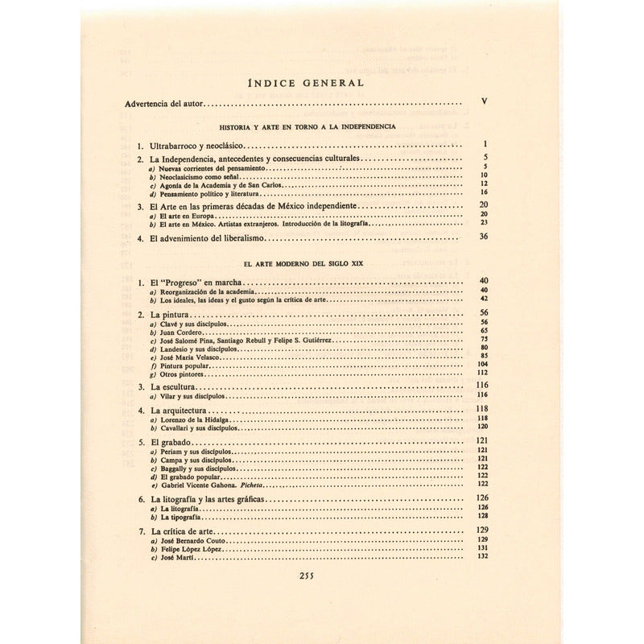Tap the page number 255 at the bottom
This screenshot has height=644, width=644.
click(311, 575)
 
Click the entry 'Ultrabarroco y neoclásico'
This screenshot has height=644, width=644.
click(196, 147)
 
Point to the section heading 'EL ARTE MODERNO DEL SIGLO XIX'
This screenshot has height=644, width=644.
click(310, 263)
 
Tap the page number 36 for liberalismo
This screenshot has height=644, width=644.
click(484, 237)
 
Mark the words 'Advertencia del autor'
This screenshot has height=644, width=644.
click(167, 104)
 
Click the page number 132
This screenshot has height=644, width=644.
click(484, 557)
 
